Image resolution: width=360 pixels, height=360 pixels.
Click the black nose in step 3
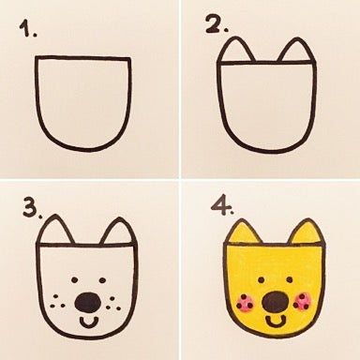pyautogui.click(x=88, y=302)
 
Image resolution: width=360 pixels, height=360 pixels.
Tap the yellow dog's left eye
pyautogui.click(x=251, y=279)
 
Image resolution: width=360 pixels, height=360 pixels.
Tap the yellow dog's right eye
pyautogui.click(x=295, y=279)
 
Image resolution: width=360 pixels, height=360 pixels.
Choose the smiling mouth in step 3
pyautogui.click(x=89, y=321)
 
